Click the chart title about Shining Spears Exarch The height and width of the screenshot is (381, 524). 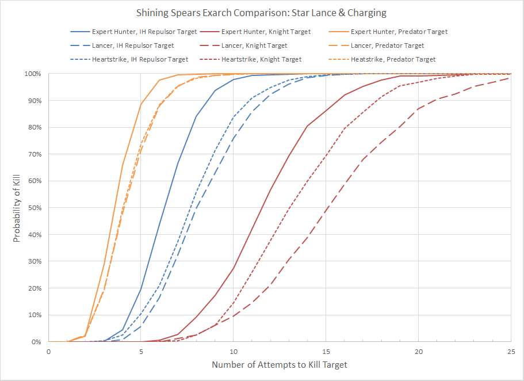262,12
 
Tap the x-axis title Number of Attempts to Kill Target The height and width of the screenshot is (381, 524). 280,365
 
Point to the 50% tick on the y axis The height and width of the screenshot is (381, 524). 35,208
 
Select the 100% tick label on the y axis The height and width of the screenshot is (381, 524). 33,74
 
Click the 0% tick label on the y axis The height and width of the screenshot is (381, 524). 37,342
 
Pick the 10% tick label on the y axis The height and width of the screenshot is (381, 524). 35,315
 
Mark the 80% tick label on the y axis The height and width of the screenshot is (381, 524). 35,127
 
